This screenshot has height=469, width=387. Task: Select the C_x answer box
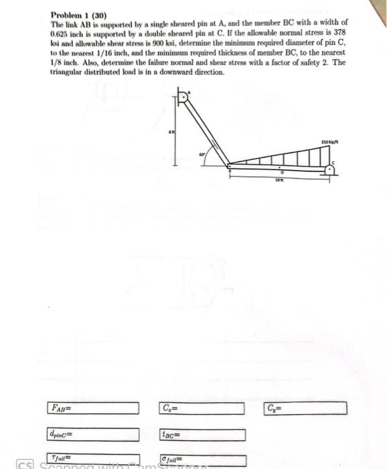click(x=202, y=408)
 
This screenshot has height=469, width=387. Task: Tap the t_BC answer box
click(x=202, y=435)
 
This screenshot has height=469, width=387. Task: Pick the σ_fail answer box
click(x=202, y=460)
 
